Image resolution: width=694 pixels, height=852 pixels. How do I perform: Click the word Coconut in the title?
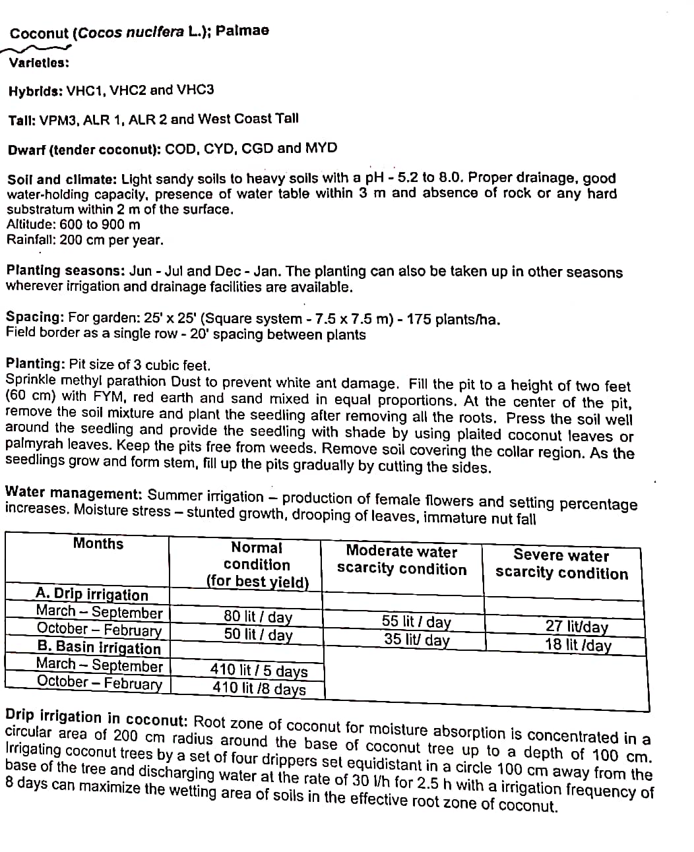coord(39,33)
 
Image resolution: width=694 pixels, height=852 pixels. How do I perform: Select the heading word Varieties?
coord(39,63)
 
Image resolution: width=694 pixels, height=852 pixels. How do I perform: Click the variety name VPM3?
coord(59,120)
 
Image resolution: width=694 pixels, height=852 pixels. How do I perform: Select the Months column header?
coord(98,543)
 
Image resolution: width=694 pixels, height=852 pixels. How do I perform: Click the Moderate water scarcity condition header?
coord(401,560)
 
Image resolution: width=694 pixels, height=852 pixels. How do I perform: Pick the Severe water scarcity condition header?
coord(561,564)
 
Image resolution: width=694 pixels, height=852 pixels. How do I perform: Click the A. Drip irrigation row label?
coord(92,594)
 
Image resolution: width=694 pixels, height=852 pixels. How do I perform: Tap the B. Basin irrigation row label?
coord(99,648)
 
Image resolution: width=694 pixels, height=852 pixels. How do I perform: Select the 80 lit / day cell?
coord(258,617)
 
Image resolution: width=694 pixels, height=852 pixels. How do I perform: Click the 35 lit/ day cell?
coord(417,639)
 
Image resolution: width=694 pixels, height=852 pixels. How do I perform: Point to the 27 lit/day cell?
coord(577,626)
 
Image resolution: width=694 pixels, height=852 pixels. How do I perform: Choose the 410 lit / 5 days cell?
coord(259,671)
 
